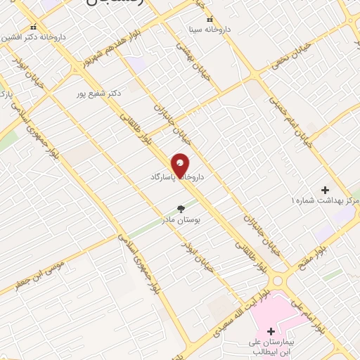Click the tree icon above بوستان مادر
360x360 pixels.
coord(181,208)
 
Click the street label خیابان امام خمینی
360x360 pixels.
coord(285,112)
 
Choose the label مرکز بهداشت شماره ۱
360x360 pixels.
coord(325,202)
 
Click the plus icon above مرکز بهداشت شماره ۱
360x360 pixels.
coord(325,190)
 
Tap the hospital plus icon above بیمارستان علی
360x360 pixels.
coord(271,330)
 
